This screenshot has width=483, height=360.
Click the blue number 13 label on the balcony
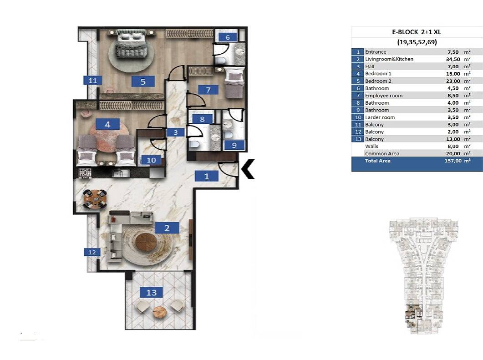tap(151, 292)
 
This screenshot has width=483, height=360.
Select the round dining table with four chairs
tap(96, 198)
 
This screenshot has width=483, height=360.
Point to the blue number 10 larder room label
tap(151, 160)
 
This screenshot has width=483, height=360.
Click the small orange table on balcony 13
tap(160, 312)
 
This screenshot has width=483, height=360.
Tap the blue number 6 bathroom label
tap(228, 37)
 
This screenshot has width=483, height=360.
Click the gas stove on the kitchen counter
tap(85, 173)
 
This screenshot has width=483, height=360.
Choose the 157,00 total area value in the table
tap(453, 161)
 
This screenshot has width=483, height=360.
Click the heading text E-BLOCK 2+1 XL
tap(417, 32)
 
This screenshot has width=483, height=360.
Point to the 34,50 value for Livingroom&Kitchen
tap(453, 59)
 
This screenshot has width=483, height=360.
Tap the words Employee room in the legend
tap(384, 96)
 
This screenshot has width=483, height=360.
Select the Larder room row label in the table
tap(380, 117)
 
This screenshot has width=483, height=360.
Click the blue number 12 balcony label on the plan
tap(92, 252)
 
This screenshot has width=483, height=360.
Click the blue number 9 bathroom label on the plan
tap(234, 145)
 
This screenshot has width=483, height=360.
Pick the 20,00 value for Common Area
tap(453, 153)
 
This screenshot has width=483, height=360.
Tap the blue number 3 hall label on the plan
tap(176, 132)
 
